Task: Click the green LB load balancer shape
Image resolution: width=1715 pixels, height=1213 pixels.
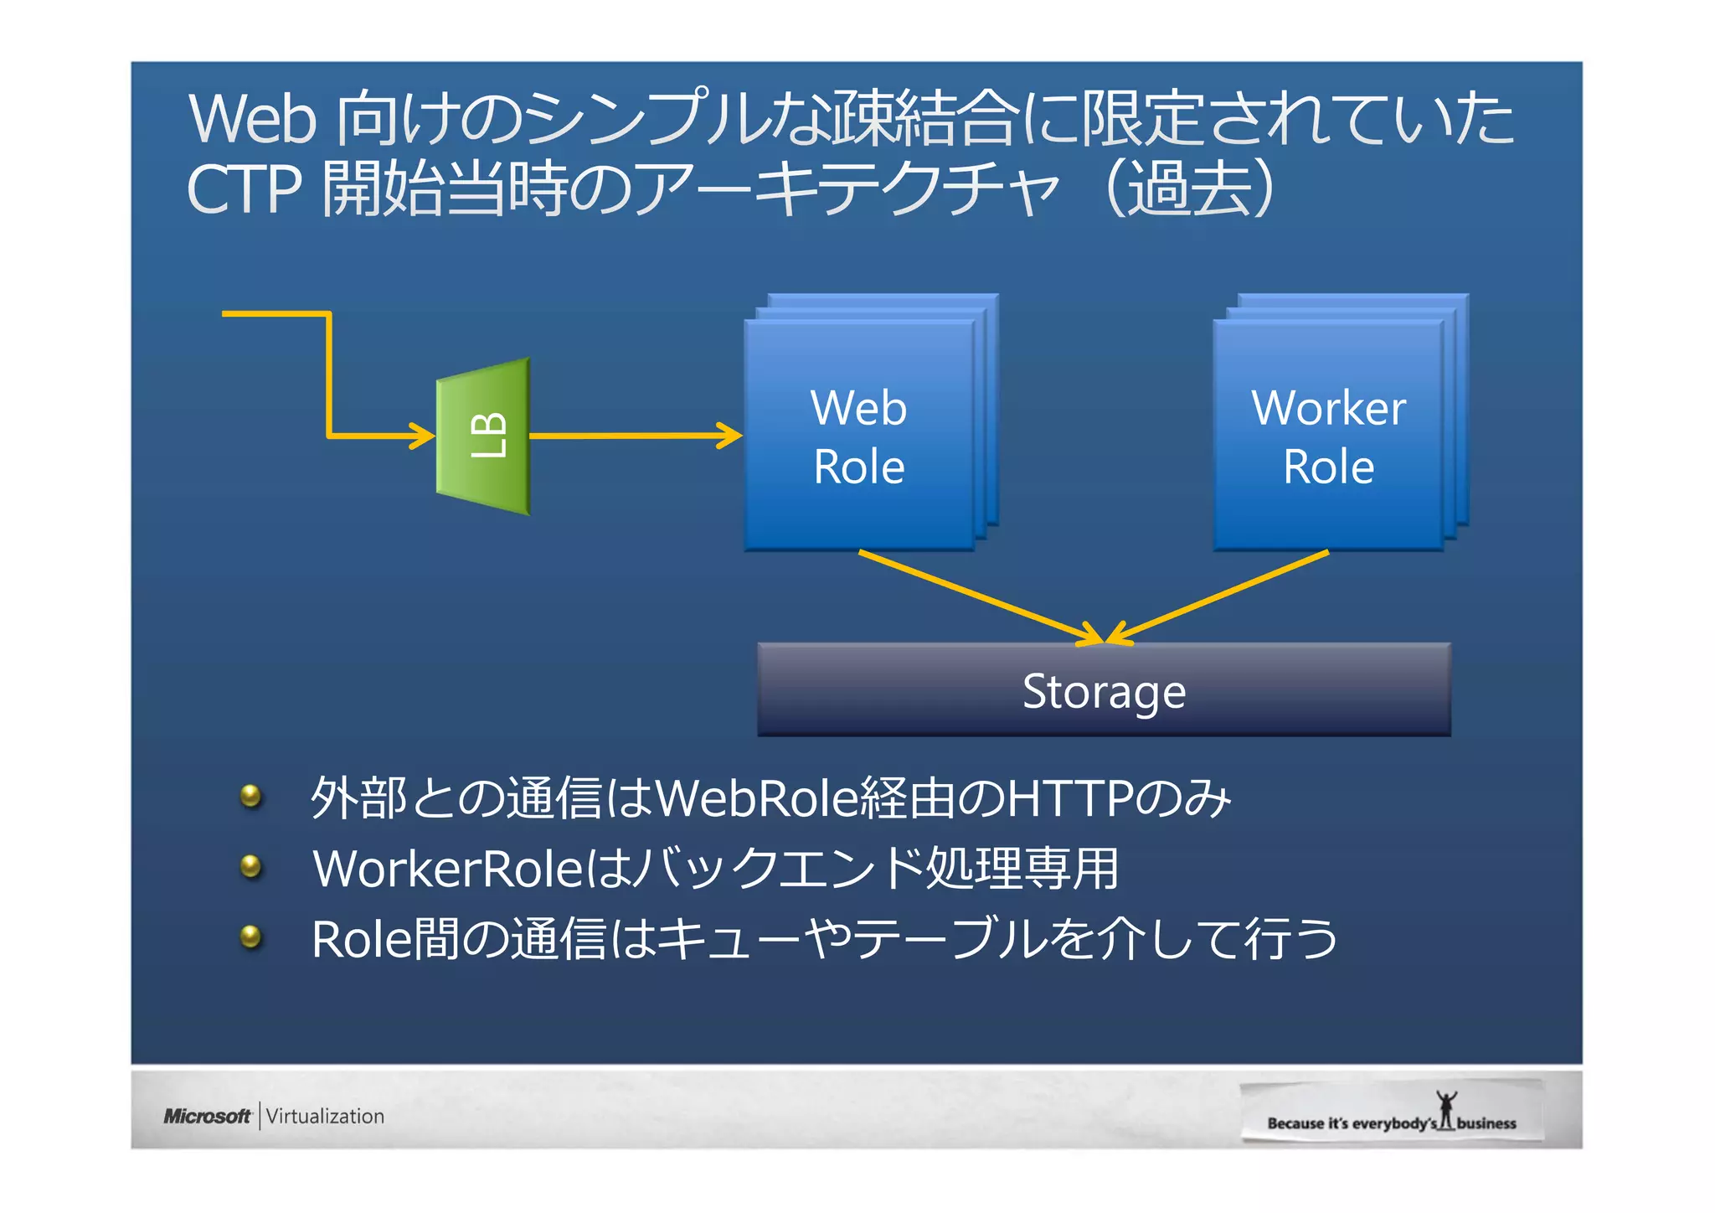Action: point(483,436)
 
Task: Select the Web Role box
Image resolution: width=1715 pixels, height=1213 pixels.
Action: point(859,436)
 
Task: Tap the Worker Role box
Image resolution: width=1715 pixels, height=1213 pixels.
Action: point(1328,436)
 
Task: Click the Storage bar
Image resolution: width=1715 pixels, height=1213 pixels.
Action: point(1104,690)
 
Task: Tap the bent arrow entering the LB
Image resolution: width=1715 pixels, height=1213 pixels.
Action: point(329,377)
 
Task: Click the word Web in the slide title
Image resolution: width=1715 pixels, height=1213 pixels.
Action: point(252,119)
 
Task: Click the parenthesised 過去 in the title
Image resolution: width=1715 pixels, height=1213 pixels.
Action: point(1190,188)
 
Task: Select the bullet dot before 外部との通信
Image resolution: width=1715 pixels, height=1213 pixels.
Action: point(250,796)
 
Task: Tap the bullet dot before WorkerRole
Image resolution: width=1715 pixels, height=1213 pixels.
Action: point(250,866)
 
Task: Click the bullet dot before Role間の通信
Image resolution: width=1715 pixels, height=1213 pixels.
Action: point(250,937)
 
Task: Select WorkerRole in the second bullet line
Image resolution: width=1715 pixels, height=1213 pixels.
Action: point(448,869)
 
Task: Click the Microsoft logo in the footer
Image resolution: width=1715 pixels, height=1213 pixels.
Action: point(207,1116)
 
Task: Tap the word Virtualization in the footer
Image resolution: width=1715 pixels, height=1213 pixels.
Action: point(325,1116)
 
